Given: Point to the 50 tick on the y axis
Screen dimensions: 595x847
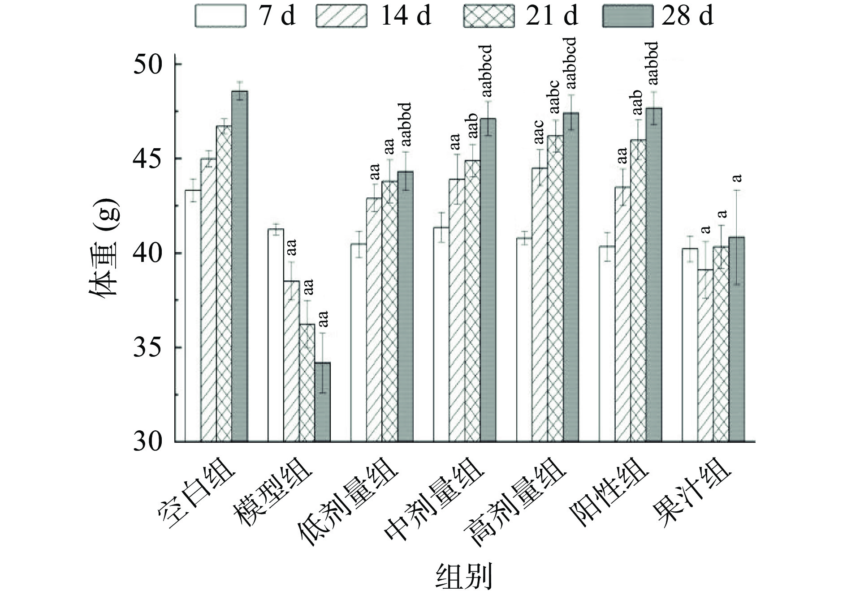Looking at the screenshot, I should (149, 64).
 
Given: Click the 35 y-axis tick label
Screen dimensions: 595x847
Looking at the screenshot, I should (149, 348).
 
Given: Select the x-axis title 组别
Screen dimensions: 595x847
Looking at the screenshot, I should (464, 576).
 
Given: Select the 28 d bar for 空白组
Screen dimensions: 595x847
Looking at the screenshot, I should (239, 266).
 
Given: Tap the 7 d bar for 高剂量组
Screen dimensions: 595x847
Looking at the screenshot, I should (524, 340).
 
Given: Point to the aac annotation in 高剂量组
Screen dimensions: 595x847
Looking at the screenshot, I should (538, 133).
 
